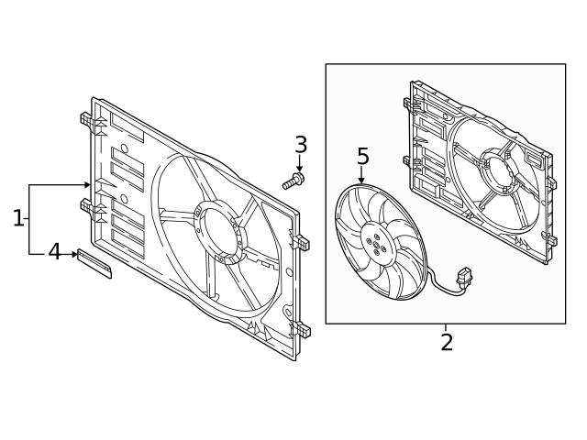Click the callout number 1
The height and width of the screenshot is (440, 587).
point(18,218)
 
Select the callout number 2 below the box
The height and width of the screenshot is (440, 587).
point(447,343)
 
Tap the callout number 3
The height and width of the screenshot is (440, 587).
point(300,145)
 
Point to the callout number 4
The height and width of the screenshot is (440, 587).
point(54,251)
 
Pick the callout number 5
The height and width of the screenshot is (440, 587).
point(362,157)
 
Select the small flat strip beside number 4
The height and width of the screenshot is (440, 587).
point(94,263)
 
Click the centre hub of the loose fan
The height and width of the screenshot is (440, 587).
point(375,241)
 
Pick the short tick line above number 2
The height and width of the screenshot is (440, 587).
point(447,327)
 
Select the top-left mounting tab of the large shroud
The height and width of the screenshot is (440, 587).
point(85,119)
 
